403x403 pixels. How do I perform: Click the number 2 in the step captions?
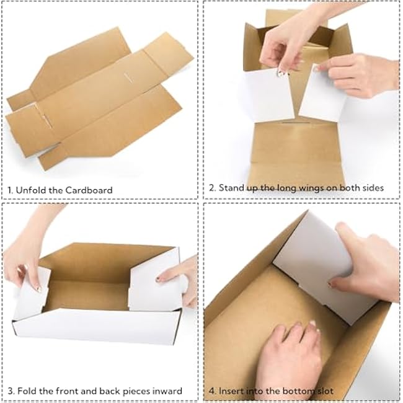pos(211,187)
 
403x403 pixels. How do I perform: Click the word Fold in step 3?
pos(28,391)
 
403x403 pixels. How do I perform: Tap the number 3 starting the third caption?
pos(11,391)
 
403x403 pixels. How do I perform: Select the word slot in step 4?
pos(323,391)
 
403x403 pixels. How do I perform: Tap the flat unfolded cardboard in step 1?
pos(93,99)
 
